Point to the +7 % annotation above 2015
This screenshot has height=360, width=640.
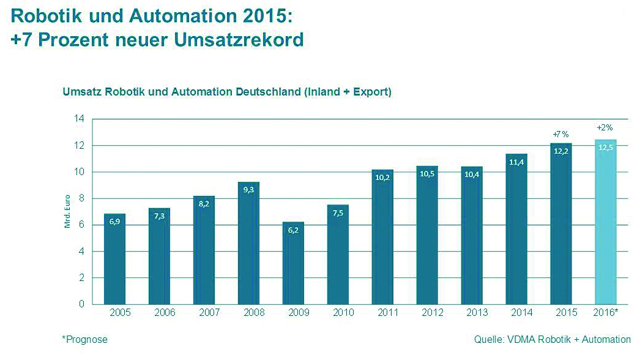pos(560,133)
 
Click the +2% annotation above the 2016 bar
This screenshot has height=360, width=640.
pos(605,128)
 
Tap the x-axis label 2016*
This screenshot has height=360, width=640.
pos(605,312)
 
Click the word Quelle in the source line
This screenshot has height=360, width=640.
pos(488,339)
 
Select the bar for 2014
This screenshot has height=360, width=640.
pos(516,233)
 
